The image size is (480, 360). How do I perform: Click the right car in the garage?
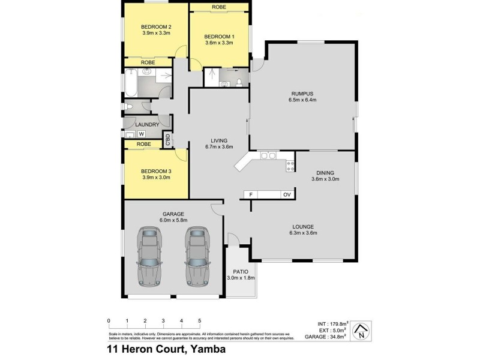pyautogui.click(x=196, y=255)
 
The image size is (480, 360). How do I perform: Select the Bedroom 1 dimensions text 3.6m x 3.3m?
pyautogui.click(x=219, y=43)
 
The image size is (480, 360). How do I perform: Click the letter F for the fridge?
pyautogui.click(x=250, y=194)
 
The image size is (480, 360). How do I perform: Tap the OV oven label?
pyautogui.click(x=286, y=194)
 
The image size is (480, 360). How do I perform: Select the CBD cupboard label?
pyautogui.click(x=169, y=140)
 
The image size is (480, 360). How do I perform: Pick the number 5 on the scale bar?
pyautogui.click(x=199, y=320)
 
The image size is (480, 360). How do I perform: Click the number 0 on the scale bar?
pyautogui.click(x=109, y=320)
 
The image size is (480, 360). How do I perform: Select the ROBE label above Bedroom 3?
pyautogui.click(x=143, y=144)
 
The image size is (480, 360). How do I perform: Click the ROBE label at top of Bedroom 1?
pyautogui.click(x=219, y=7)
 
